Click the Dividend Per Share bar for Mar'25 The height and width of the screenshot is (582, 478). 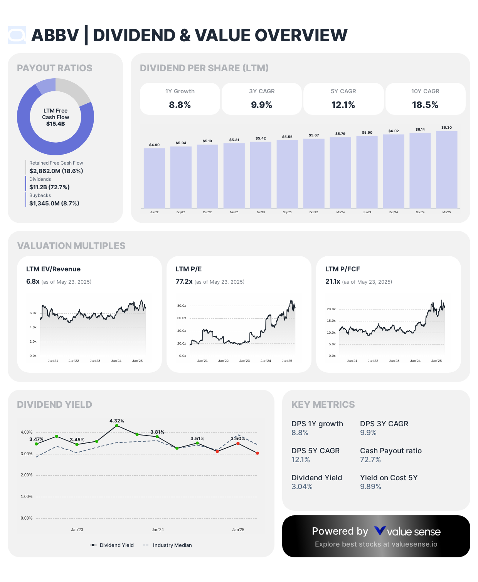[x=446, y=170]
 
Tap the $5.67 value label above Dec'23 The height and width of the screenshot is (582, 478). [x=314, y=135]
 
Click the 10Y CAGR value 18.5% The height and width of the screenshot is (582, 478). [x=425, y=105]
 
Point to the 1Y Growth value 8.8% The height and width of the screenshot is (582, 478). [x=180, y=105]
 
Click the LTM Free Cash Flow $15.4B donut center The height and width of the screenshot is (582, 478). [x=56, y=117]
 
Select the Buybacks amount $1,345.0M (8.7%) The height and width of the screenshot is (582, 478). [x=54, y=203]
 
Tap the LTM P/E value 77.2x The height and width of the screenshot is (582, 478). [x=184, y=281]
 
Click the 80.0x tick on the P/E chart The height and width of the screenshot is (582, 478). [x=182, y=306]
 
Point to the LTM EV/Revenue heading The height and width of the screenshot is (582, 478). [x=53, y=269]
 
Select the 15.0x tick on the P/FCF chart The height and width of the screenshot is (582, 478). [x=331, y=321]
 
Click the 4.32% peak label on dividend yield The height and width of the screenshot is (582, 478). [x=117, y=421]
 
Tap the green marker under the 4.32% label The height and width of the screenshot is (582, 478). [x=117, y=426]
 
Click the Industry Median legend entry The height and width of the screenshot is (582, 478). [x=172, y=545]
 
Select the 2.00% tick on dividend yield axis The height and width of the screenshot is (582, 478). [x=27, y=475]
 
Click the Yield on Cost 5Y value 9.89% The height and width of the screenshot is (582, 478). [x=370, y=486]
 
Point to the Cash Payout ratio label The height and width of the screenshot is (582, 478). [x=390, y=451]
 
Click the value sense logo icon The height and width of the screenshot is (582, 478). [x=380, y=531]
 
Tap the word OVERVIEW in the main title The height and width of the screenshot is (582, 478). [x=301, y=35]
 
